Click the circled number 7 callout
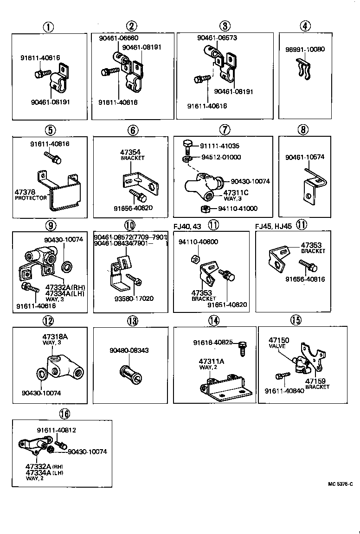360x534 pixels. tap(224, 130)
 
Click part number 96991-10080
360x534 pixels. tap(305, 49)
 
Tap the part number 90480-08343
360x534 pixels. tap(129, 350)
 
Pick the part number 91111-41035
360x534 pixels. tap(220, 146)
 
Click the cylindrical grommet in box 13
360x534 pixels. tap(130, 373)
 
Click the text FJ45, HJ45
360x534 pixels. tap(273, 226)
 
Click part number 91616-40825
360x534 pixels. tap(213, 343)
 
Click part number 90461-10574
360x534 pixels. tap(305, 157)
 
